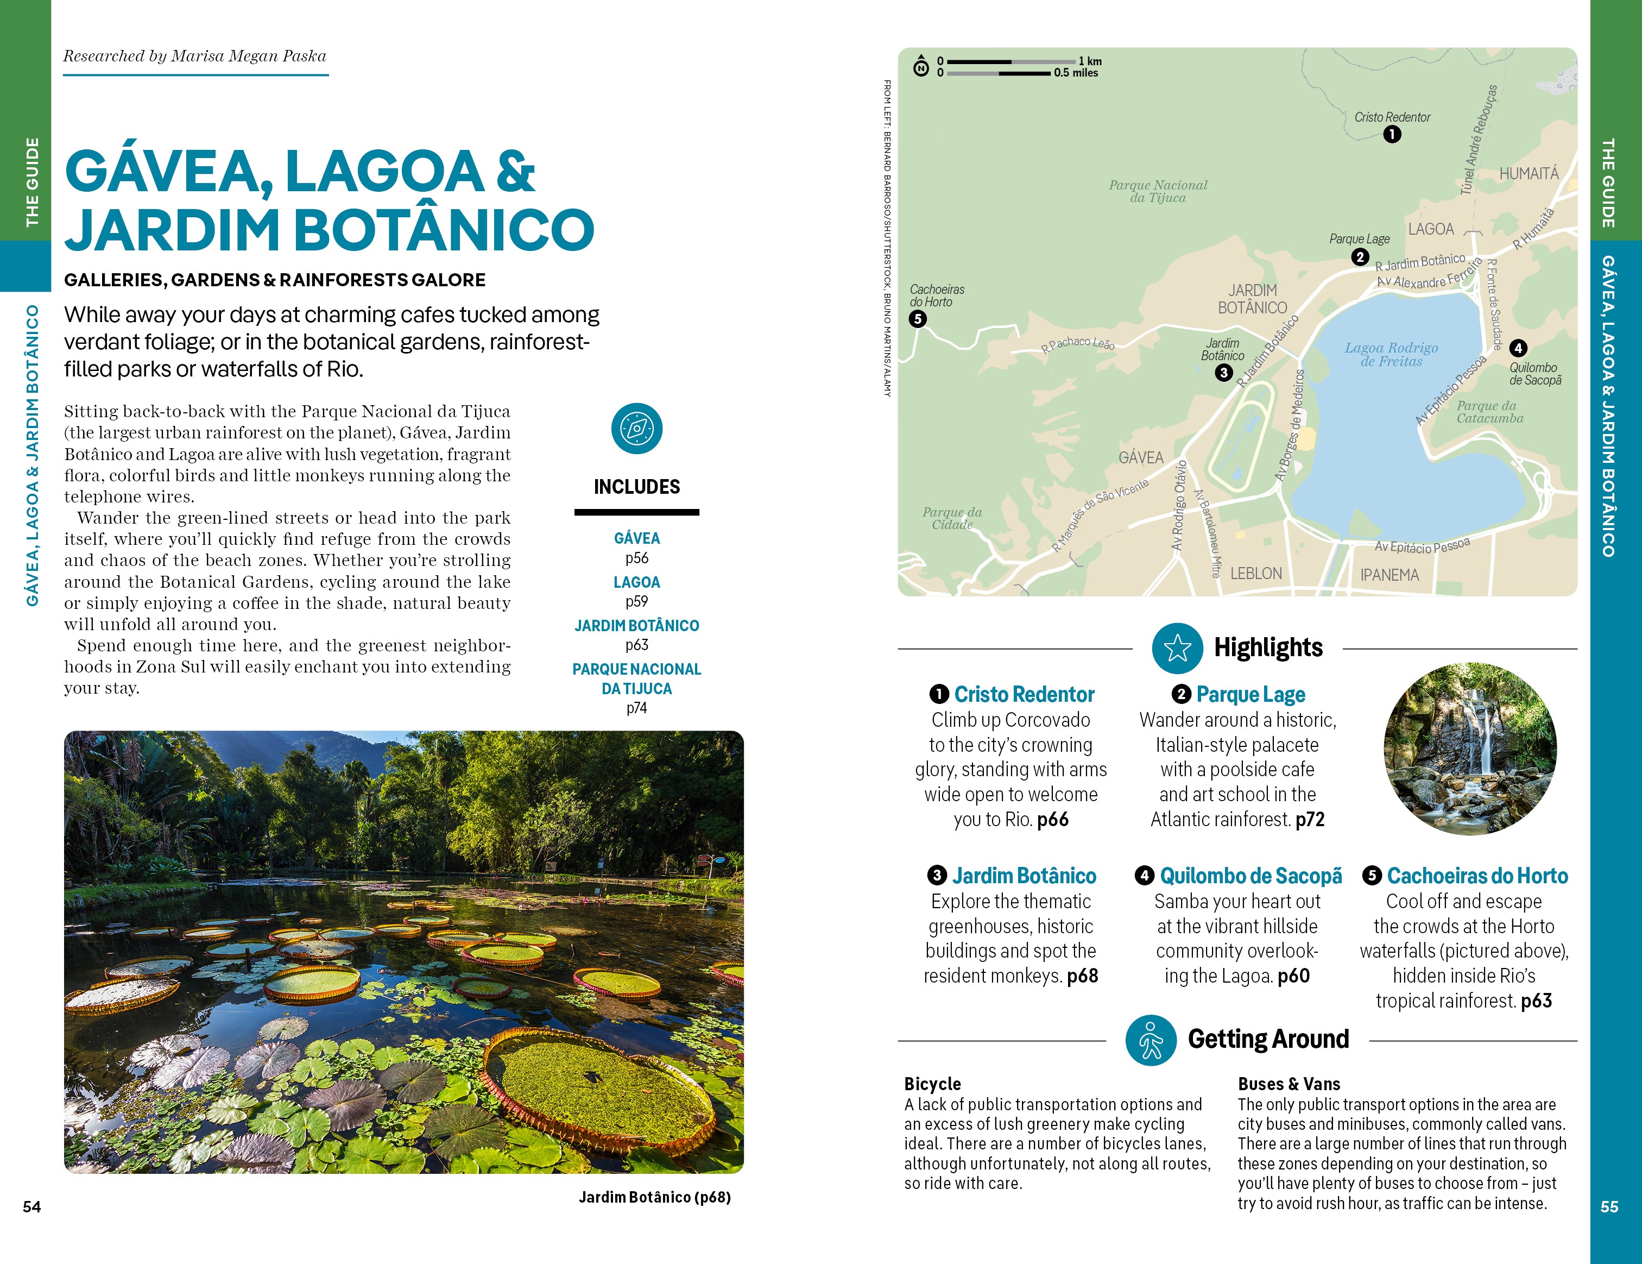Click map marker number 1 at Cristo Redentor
[x=1392, y=135]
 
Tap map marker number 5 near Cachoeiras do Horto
[x=917, y=319]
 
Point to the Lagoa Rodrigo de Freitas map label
[x=1391, y=354]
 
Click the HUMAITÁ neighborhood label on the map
[x=1529, y=174]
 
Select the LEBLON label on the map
[x=1255, y=574]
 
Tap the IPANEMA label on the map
[x=1390, y=575]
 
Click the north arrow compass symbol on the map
[x=921, y=66]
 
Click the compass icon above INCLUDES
[x=636, y=429]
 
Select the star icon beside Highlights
[x=1177, y=648]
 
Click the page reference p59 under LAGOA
[x=636, y=601]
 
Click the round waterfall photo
[x=1470, y=749]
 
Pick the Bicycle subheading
[x=932, y=1084]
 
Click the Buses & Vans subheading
[x=1289, y=1084]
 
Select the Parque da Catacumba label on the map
[x=1489, y=412]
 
